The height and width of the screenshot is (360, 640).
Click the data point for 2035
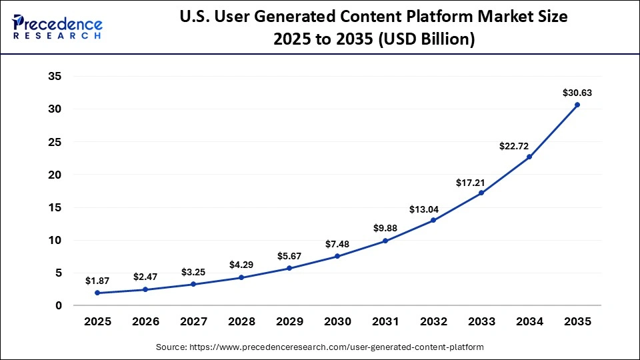(x=577, y=105)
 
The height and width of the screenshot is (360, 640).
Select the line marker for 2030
(x=337, y=256)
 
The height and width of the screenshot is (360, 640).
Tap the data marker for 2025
(x=97, y=293)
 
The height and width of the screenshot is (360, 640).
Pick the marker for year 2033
(x=481, y=193)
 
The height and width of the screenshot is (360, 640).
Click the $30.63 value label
(x=577, y=93)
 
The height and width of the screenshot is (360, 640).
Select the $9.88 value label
(x=385, y=229)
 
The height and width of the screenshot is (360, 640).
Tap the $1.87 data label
(x=97, y=281)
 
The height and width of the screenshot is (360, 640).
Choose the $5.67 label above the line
(x=289, y=256)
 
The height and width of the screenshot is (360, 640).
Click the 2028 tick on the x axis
(x=241, y=321)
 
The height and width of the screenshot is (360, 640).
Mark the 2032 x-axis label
(x=433, y=321)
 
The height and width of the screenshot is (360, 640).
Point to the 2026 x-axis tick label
(x=145, y=321)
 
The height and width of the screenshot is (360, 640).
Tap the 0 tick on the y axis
(x=59, y=305)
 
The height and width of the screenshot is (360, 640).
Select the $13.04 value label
(x=433, y=208)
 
